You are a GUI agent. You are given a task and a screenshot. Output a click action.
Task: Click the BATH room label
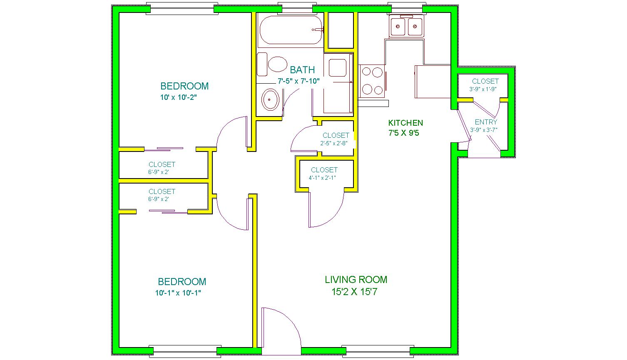[302, 70]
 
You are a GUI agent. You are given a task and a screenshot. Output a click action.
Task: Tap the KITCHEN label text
[406, 123]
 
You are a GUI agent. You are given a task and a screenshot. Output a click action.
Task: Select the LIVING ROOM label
[356, 279]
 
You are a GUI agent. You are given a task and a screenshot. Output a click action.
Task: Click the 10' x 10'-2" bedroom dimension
[179, 97]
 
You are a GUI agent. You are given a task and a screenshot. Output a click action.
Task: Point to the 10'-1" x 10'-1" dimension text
[178, 293]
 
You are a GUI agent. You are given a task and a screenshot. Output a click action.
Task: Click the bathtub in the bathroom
[291, 30]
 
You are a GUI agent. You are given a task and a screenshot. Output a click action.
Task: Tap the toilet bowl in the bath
[277, 64]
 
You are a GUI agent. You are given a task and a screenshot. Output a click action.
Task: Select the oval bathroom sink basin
[270, 99]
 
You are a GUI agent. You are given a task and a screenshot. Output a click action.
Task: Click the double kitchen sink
[406, 27]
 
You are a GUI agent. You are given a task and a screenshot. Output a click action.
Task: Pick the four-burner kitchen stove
[372, 81]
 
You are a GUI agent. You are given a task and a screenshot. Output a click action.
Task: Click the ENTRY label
[486, 122]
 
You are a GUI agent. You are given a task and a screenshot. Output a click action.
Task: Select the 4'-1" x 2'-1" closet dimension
[323, 178]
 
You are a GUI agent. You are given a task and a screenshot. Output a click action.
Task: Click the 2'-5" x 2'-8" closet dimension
[334, 143]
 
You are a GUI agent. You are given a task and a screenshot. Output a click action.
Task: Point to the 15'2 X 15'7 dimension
[354, 292]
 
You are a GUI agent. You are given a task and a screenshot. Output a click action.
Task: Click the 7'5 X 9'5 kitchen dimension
[403, 133]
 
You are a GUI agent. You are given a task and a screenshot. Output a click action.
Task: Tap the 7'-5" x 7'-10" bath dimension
[299, 81]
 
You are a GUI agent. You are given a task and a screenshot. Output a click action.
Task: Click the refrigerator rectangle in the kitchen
[433, 82]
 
